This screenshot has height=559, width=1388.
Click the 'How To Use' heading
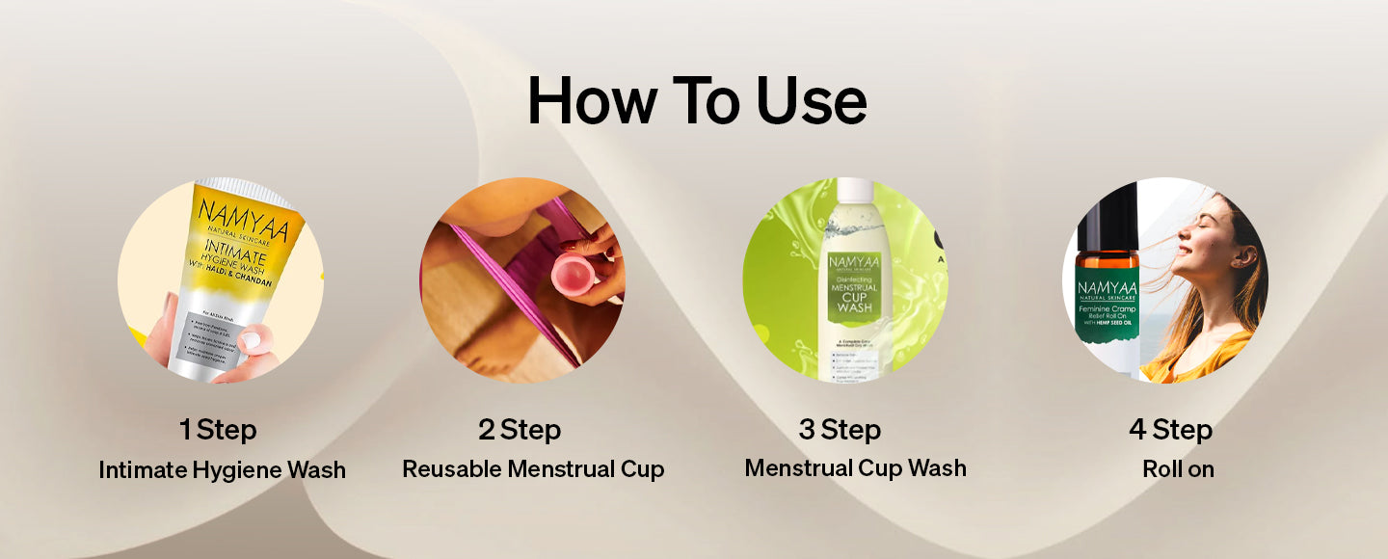tap(696, 100)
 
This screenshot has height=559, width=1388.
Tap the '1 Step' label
tap(218, 429)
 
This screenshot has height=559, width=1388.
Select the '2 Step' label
tap(520, 429)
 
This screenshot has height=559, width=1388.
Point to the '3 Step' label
tap(840, 429)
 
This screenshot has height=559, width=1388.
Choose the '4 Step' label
tap(1170, 429)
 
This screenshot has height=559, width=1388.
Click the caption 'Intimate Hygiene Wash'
tap(222, 470)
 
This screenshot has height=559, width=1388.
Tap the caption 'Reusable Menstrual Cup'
tap(533, 469)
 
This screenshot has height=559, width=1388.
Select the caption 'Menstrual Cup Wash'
tap(855, 468)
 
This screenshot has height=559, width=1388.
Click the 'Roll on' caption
tap(1178, 469)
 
